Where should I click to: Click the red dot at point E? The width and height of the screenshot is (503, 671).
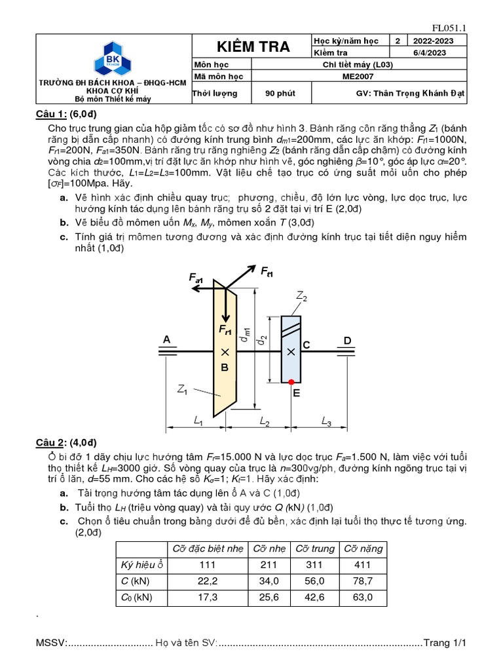pos(291,382)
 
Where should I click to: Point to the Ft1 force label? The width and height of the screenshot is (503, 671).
pos(267,271)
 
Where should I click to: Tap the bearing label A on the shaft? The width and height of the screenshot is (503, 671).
pos(166,339)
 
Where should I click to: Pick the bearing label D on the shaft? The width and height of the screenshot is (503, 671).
pos(348,339)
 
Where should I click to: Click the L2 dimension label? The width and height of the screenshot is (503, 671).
pos(265,423)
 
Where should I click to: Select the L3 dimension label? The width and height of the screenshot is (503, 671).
pos(326,423)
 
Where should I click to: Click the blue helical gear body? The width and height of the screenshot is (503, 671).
pos(291,367)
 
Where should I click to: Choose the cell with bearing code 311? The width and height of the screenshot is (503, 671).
pos(314,564)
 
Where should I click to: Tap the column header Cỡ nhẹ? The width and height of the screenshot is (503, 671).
pos(269,548)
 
